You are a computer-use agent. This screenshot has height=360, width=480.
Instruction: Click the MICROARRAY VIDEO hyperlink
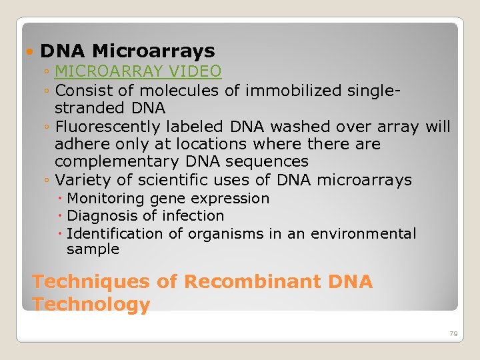pyautogui.click(x=138, y=71)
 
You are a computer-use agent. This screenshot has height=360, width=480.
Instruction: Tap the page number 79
pyautogui.click(x=453, y=333)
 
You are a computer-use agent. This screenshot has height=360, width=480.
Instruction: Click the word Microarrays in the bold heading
pyautogui.click(x=153, y=51)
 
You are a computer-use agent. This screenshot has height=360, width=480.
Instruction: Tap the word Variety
pyautogui.click(x=79, y=180)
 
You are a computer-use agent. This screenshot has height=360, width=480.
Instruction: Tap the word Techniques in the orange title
pyautogui.click(x=91, y=282)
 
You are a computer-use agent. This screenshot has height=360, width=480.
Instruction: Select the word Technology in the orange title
pyautogui.click(x=91, y=305)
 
